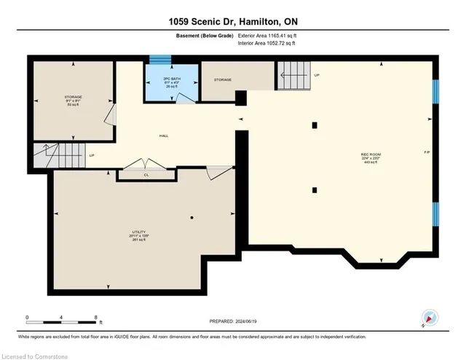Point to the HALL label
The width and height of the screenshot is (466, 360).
point(165,136)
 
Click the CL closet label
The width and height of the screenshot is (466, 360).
point(146,175)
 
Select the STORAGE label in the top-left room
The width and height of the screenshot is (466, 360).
point(72,95)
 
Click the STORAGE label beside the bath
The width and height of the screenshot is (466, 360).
point(222,79)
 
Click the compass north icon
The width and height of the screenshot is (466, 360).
point(430,318)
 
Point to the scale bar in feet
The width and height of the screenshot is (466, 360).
point(61,318)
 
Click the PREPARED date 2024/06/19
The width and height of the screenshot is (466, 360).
point(233,321)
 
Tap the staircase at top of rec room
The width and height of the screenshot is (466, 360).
point(292,73)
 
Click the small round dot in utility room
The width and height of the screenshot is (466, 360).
point(192,217)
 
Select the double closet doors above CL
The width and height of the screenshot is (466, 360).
point(141,164)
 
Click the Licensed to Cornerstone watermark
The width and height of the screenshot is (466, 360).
point(36,354)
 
